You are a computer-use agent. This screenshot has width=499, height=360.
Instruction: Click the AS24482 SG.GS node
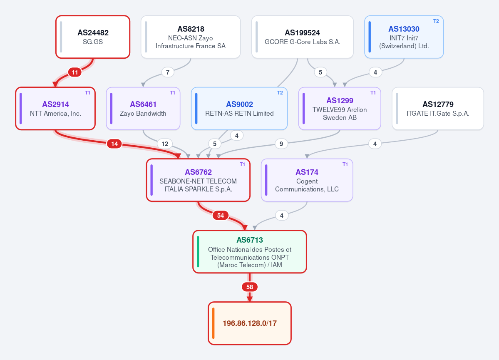pos(93,37)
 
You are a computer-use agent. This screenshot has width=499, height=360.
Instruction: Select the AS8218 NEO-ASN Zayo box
pos(191,37)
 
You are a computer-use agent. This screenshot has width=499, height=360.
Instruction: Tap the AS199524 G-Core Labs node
pos(302,37)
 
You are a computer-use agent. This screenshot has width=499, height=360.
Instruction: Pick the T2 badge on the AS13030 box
pos(436,21)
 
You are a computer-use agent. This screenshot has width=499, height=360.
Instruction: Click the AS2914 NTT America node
pos(55,109)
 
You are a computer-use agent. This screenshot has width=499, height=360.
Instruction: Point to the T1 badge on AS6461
pos(172,93)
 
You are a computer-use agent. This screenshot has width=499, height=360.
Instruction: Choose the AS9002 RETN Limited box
pos(239,109)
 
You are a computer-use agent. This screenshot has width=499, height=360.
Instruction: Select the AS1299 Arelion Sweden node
pos(340,109)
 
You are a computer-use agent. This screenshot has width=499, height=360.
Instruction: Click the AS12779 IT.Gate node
pos(438,109)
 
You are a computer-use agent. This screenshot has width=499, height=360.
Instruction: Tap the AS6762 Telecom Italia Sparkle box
pos(198,180)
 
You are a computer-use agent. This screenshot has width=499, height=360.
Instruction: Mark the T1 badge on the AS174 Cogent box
pos(345,164)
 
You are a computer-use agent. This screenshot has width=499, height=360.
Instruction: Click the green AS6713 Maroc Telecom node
pos(250,252)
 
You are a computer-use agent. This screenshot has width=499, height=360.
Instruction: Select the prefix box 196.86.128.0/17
pos(250,323)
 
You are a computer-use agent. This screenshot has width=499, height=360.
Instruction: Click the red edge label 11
pos(75,72)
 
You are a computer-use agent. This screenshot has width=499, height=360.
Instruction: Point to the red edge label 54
pos(221,216)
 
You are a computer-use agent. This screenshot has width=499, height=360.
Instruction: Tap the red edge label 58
pos(250,287)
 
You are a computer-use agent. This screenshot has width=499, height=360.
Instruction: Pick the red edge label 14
pos(114,144)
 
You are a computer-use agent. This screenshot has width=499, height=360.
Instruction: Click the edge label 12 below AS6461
pos(165,144)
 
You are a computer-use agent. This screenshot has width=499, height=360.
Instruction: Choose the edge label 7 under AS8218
pos(168,72)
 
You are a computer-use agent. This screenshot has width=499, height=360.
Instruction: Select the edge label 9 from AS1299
pos(281,144)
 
